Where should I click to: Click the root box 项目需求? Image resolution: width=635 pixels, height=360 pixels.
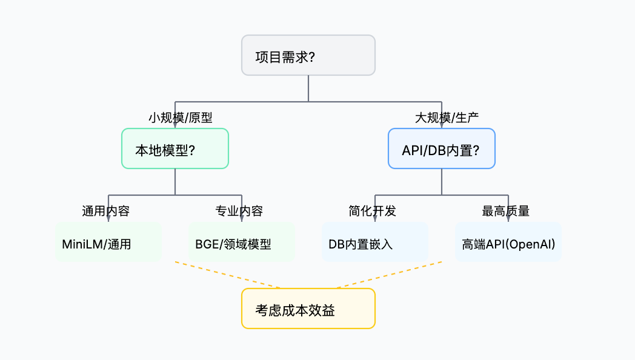pyautogui.click(x=308, y=55)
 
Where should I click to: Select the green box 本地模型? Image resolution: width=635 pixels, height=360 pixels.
pyautogui.click(x=175, y=148)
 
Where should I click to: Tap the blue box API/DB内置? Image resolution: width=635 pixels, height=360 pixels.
pyautogui.click(x=441, y=148)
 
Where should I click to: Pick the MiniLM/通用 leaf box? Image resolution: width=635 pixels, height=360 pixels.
pyautogui.click(x=108, y=242)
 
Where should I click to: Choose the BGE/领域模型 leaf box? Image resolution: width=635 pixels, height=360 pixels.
pyautogui.click(x=241, y=242)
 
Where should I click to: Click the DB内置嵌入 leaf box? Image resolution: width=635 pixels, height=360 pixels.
pyautogui.click(x=374, y=242)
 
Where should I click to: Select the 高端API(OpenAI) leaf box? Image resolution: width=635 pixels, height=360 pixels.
pyautogui.click(x=508, y=242)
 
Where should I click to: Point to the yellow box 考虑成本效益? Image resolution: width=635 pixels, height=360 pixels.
pyautogui.click(x=308, y=308)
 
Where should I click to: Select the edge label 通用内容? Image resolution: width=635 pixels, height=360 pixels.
pyautogui.click(x=106, y=212)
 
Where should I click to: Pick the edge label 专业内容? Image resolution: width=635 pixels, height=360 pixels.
pyautogui.click(x=239, y=212)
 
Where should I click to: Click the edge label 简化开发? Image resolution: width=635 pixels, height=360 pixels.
pyautogui.click(x=373, y=212)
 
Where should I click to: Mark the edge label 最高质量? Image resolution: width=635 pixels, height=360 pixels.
pyautogui.click(x=506, y=212)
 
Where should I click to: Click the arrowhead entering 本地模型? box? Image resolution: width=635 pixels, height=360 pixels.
pyautogui.click(x=175, y=125)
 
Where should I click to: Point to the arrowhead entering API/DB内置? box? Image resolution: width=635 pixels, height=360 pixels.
pyautogui.click(x=441, y=125)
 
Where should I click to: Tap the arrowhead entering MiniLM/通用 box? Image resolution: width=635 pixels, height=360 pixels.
pyautogui.click(x=108, y=219)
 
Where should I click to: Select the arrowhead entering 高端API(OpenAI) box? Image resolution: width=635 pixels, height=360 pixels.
pyautogui.click(x=508, y=219)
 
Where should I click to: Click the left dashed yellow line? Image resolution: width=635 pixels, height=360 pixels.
pyautogui.click(x=227, y=275)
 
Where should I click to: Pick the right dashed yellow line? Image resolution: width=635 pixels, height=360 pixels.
pyautogui.click(x=389, y=275)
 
